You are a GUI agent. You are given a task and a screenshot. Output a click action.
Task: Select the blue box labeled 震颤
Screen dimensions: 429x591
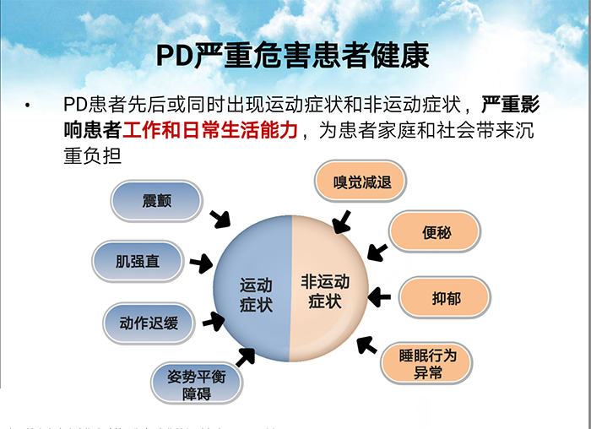tap(156, 200)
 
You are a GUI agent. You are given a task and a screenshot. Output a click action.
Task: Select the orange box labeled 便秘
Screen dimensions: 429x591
tap(436, 232)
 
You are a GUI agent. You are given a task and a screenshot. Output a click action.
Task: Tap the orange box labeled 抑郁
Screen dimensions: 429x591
tap(445, 298)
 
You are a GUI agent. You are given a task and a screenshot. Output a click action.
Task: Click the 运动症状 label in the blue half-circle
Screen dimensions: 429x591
tap(256, 294)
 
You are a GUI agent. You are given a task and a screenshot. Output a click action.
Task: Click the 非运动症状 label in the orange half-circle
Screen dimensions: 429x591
tap(325, 291)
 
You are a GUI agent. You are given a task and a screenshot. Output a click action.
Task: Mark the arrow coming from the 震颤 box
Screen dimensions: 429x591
tap(220, 219)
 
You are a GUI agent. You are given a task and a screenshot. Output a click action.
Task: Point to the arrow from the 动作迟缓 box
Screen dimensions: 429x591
tap(213, 321)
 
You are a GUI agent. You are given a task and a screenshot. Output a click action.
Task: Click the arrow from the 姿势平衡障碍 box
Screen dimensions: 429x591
tap(246, 357)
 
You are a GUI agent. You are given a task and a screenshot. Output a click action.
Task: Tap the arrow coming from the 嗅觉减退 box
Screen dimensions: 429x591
tap(342, 222)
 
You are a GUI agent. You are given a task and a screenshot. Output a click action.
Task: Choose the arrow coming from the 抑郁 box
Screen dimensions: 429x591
tap(379, 296)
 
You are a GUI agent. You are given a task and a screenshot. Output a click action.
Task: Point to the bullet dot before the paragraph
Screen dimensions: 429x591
tap(28, 106)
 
